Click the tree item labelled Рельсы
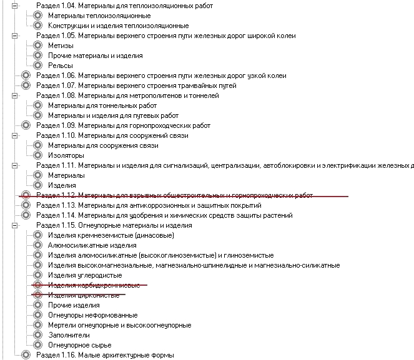[x=61, y=66]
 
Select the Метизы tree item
[x=61, y=46]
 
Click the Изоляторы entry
[x=66, y=155]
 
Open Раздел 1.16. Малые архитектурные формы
[x=105, y=355]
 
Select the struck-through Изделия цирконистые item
[x=84, y=295]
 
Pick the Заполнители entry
[x=69, y=335]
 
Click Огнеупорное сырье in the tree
[x=80, y=345]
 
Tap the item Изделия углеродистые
[x=85, y=275]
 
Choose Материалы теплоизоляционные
[x=99, y=16]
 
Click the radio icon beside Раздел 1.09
[x=26, y=125]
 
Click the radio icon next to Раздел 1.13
[x=26, y=205]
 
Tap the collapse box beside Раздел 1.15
[x=14, y=225]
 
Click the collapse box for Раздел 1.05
[x=14, y=36]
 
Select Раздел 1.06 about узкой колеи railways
[x=161, y=75]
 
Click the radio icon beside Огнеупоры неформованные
[x=37, y=315]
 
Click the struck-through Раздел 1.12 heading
[x=174, y=195]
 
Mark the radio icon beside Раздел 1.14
[x=26, y=215]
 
